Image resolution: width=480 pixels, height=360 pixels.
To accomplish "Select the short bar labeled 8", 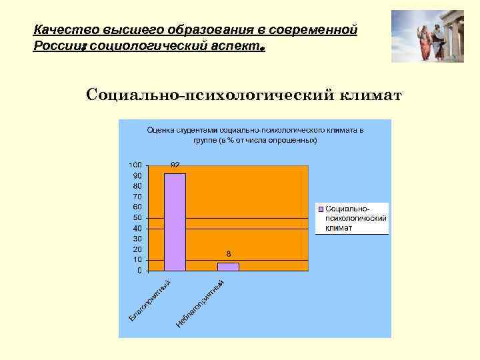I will coord(228,266).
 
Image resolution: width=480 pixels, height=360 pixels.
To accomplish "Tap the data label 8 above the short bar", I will coord(228,254).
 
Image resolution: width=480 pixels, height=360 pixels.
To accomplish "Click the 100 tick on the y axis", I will coord(135,165).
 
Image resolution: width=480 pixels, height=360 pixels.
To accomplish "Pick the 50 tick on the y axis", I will coord(137,218).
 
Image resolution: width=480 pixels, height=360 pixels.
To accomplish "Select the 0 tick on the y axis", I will coord(139,271).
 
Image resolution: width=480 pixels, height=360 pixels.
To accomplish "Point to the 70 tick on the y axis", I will coord(137,197).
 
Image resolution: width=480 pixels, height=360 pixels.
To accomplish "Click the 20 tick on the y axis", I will coord(137,249).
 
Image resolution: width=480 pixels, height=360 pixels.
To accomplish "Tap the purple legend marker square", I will coord(321,209).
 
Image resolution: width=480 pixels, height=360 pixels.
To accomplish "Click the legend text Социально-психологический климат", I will coord(355,218).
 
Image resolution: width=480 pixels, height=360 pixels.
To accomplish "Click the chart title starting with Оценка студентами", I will coord(255,135).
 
